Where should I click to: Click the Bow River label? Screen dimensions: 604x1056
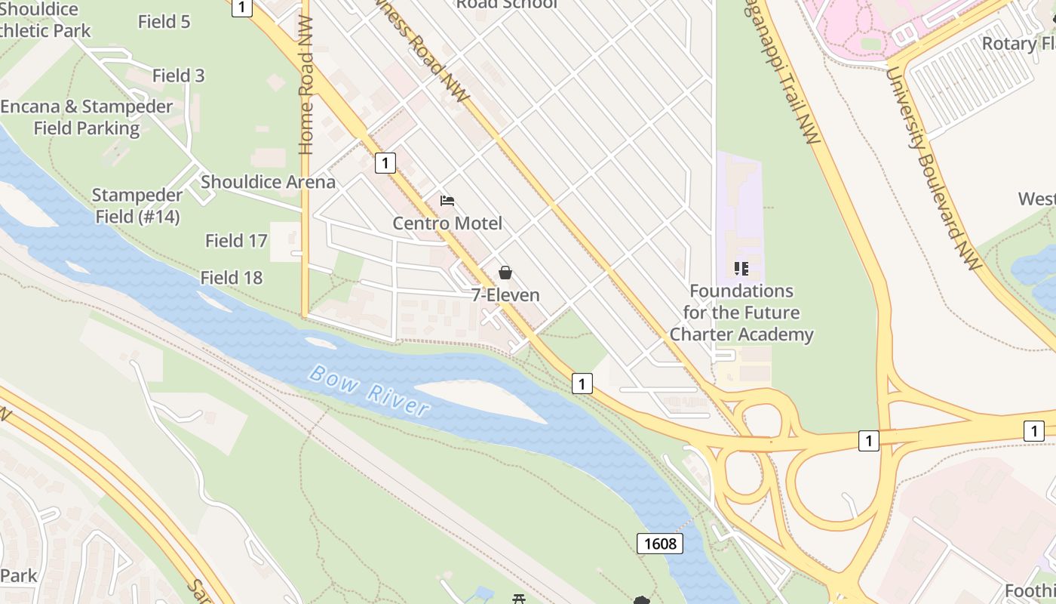[370, 390]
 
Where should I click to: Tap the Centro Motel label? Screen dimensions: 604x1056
[447, 223]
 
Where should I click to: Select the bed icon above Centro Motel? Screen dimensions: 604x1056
[447, 201]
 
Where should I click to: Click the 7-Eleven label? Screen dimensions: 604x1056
[505, 295]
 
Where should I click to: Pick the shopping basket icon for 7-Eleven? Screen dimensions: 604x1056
[505, 273]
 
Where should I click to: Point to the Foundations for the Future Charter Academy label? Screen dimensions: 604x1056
[741, 313]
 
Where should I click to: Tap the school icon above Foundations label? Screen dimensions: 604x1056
[741, 269]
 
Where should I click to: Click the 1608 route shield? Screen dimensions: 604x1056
[660, 543]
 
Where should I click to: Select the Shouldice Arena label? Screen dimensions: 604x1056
[268, 182]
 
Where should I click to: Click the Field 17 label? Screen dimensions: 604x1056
[236, 241]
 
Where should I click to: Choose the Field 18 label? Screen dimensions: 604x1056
[232, 278]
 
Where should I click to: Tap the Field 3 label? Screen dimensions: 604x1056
[179, 75]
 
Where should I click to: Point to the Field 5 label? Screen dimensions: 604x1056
[164, 21]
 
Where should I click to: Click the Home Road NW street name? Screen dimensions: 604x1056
[306, 94]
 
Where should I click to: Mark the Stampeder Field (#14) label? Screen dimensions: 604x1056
[137, 205]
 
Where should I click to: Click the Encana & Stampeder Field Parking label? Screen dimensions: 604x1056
[87, 117]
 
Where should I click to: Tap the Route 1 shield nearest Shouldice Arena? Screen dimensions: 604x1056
[385, 162]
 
